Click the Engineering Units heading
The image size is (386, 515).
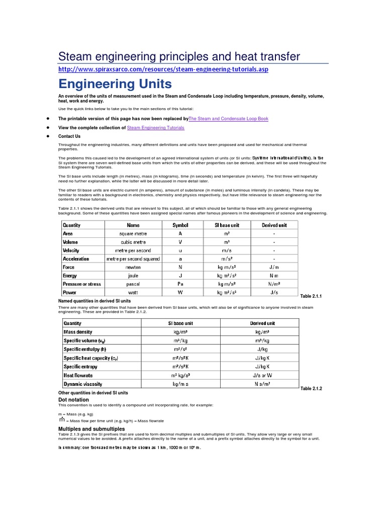click(115, 83)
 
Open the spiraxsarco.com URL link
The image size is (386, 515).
click(163, 69)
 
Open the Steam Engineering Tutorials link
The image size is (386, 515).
click(156, 128)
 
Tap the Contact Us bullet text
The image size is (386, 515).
click(69, 136)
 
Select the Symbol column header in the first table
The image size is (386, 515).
click(180, 225)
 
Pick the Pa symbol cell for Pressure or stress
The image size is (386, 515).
click(180, 284)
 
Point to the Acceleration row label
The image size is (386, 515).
click(76, 259)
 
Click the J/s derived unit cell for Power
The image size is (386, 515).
click(274, 292)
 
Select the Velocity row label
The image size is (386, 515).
click(71, 250)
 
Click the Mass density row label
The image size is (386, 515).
click(78, 332)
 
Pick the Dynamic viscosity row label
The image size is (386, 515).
click(83, 384)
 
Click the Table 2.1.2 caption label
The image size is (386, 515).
click(311, 389)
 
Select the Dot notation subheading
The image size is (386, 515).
click(74, 399)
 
